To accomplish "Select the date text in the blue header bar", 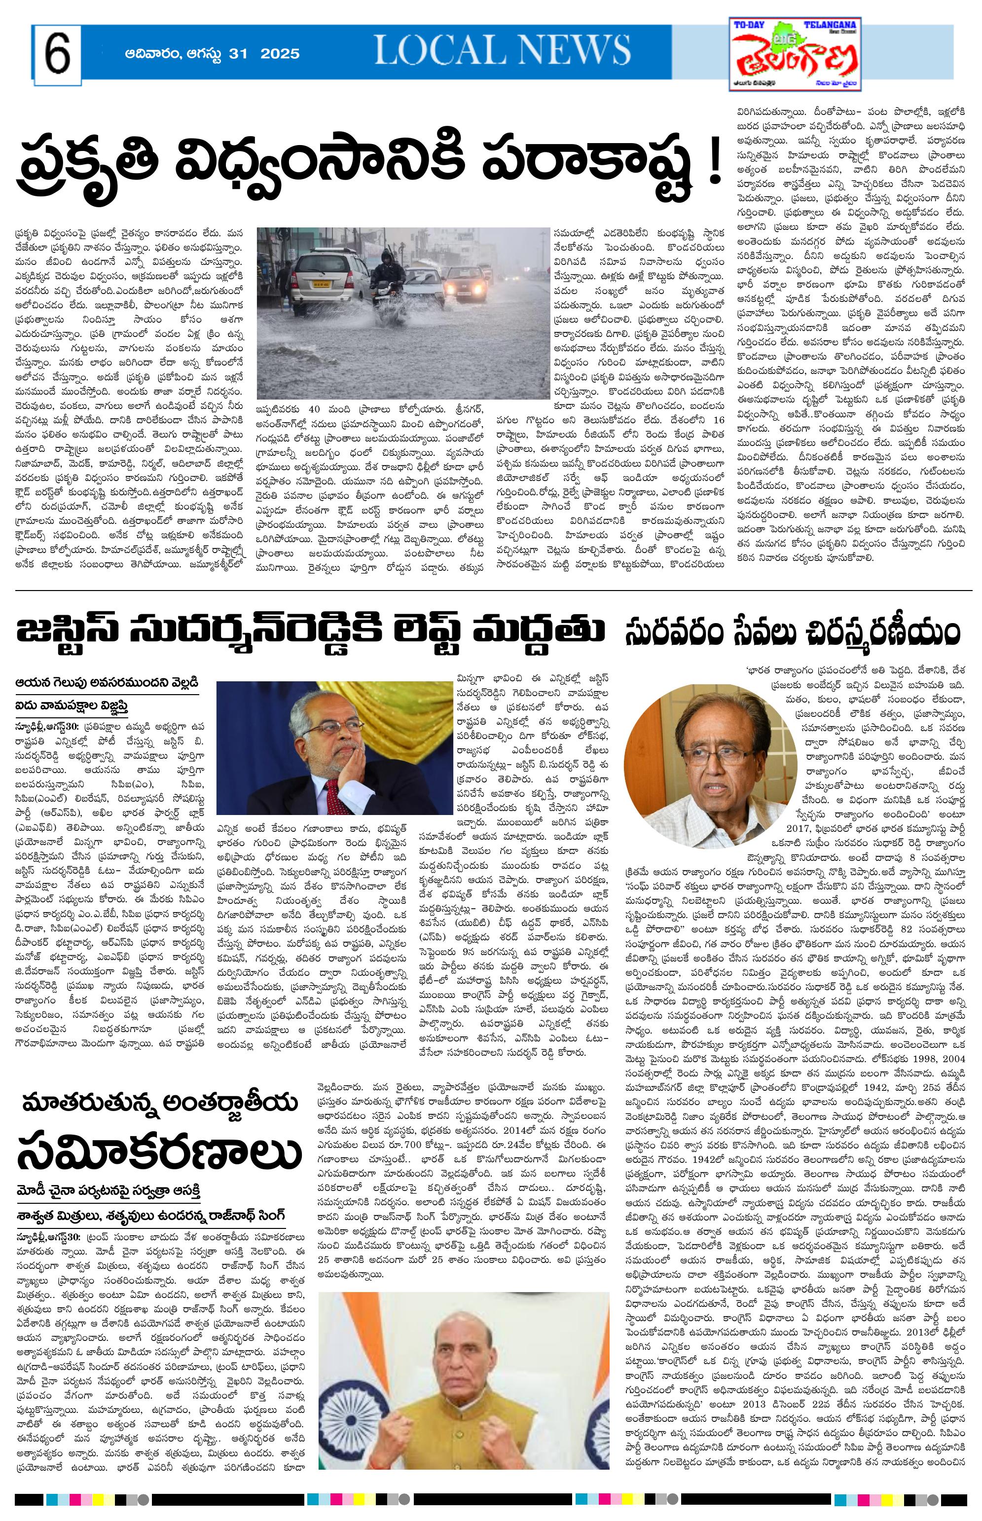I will (213, 54).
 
